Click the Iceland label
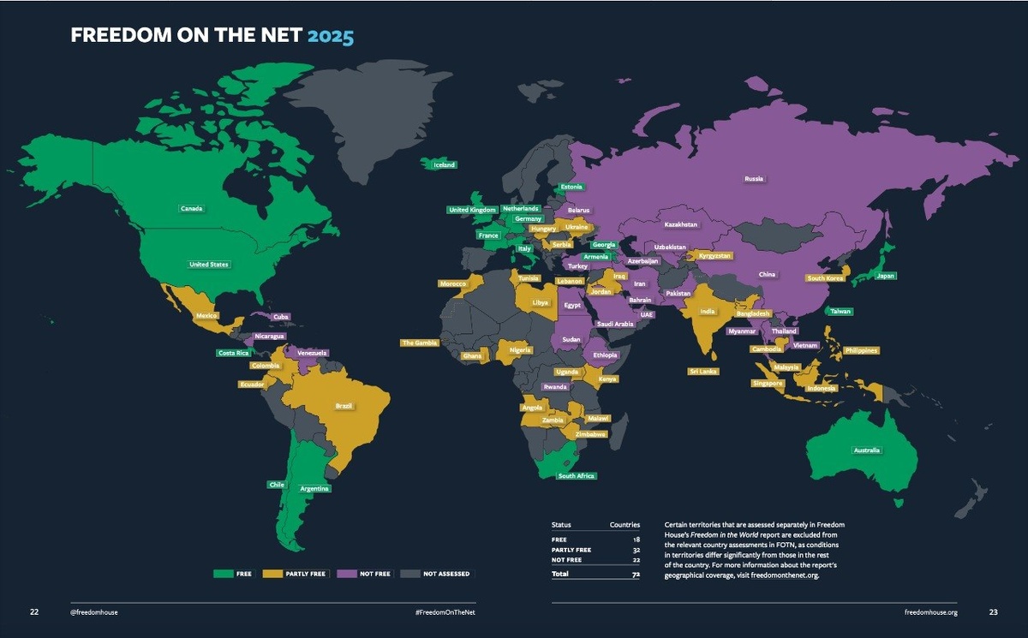click(x=444, y=164)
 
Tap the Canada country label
click(x=191, y=208)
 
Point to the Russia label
click(x=754, y=179)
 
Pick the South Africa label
click(x=576, y=475)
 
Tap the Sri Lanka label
click(x=703, y=372)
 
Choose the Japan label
click(x=885, y=276)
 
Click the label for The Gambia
click(x=420, y=343)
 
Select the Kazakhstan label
click(x=681, y=224)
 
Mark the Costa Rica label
click(x=233, y=353)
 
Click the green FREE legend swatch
click(x=223, y=574)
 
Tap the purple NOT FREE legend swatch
click(x=348, y=574)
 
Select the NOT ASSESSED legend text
click(x=446, y=574)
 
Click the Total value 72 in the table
click(x=634, y=574)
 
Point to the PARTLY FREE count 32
click(x=635, y=550)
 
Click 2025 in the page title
click(x=331, y=36)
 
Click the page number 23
click(x=993, y=612)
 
